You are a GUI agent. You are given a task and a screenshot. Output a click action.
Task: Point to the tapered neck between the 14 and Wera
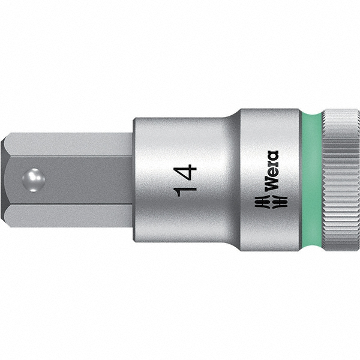tap(232, 180)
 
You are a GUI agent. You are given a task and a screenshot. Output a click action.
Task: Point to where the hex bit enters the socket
tap(131, 180)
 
